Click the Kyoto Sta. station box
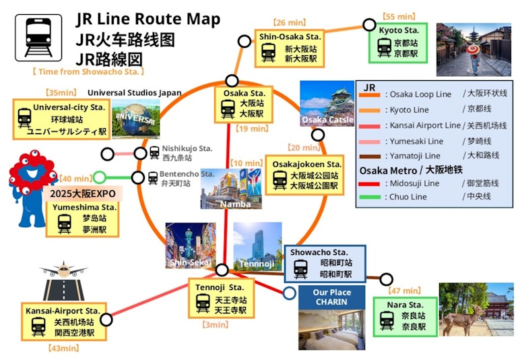click(402, 43)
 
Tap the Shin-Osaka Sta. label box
click(290, 48)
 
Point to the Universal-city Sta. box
click(59, 119)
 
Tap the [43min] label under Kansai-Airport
click(63, 348)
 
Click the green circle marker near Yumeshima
click(99, 178)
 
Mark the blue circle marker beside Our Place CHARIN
click(289, 293)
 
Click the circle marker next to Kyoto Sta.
click(369, 25)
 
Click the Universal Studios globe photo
click(136, 119)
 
